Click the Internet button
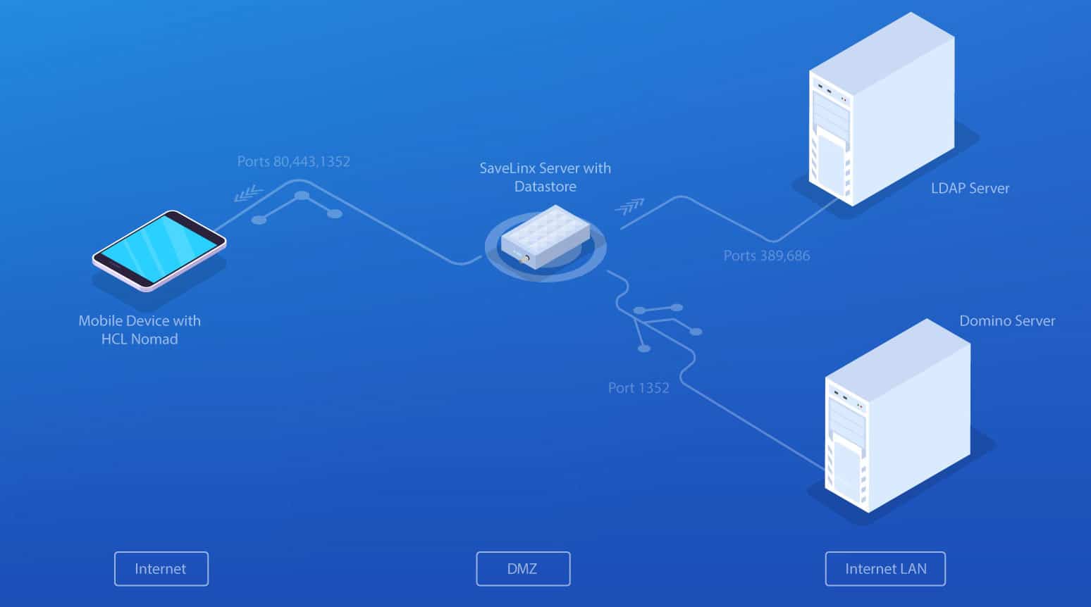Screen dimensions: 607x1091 (161, 569)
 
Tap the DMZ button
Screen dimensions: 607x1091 (523, 569)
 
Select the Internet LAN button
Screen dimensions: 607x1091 (885, 569)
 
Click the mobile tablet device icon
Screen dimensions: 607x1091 (159, 250)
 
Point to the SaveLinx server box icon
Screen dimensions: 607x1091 (545, 238)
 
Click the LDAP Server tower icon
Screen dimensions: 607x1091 (881, 113)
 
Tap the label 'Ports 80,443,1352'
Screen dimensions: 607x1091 (293, 161)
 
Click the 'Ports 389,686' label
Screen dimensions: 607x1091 (767, 256)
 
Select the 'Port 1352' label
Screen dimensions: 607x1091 (639, 388)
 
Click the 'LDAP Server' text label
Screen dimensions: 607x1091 (970, 188)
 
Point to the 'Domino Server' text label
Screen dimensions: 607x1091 (1007, 321)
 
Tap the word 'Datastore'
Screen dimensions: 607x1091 (545, 187)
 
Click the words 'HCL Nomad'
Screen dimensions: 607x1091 (140, 339)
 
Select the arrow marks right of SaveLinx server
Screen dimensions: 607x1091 (629, 206)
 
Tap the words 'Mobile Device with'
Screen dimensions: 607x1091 (140, 321)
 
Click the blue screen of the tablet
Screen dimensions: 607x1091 (158, 246)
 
